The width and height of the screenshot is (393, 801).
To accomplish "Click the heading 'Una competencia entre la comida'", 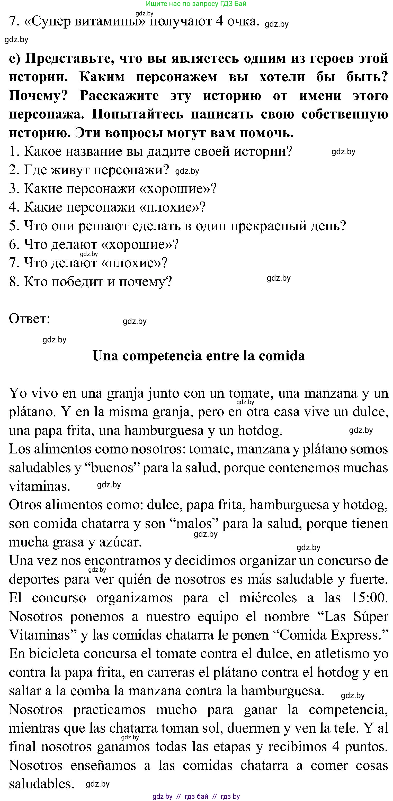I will [199, 356].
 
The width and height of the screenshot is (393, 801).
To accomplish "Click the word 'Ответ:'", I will [30, 319].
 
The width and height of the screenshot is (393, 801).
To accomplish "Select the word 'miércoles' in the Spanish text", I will [267, 597].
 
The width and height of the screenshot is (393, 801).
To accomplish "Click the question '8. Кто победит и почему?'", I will [90, 282].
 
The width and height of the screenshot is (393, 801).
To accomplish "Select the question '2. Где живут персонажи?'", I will [89, 170].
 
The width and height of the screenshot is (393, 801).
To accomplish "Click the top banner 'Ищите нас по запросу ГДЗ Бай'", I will [196, 4].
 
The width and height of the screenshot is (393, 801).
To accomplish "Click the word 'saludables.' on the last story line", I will [41, 784].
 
